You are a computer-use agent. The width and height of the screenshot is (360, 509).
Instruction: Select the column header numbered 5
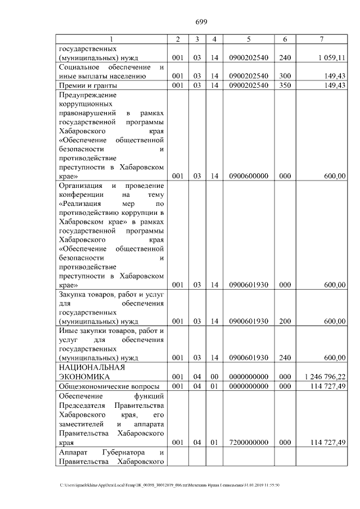[249, 39]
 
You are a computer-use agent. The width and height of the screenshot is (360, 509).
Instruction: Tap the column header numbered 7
[321, 39]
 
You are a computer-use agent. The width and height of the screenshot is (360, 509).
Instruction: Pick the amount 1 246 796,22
[324, 376]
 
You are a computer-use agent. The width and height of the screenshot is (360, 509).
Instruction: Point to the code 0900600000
[249, 176]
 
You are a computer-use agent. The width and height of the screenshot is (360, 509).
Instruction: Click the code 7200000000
[249, 443]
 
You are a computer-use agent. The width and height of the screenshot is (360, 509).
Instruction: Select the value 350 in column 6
[285, 85]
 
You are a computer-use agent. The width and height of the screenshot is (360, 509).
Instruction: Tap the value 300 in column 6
[285, 76]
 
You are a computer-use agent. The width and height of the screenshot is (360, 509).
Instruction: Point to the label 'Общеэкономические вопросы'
[109, 386]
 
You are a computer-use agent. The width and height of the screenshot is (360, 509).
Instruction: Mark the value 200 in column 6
[285, 321]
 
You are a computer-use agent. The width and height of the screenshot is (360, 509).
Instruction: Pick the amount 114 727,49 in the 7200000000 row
[326, 443]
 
